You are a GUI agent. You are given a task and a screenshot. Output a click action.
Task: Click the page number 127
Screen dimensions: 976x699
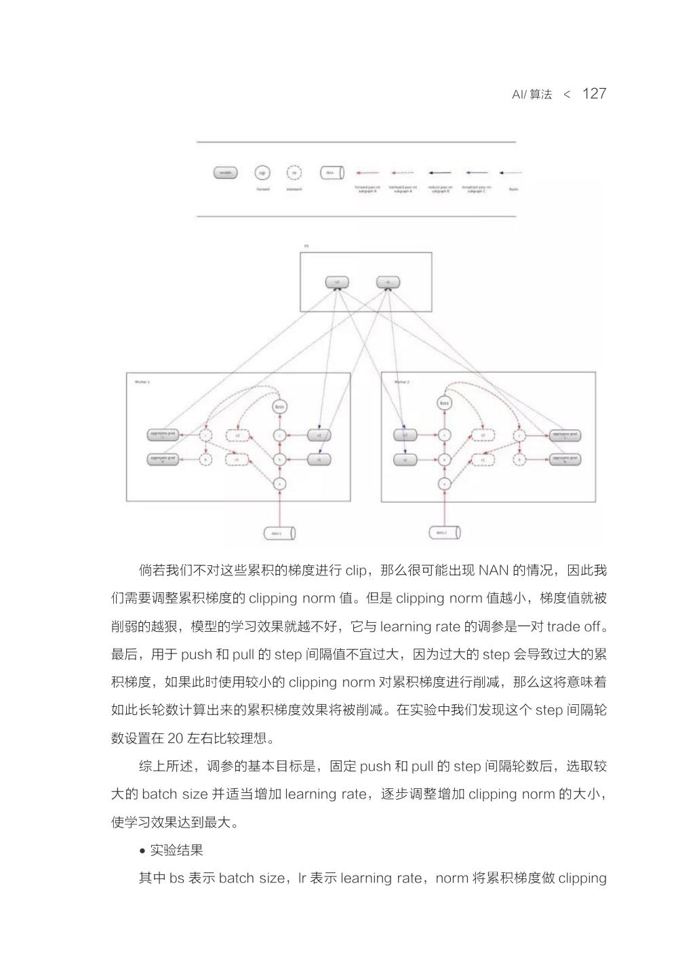click(594, 94)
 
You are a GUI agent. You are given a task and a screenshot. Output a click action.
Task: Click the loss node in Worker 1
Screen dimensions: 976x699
click(279, 406)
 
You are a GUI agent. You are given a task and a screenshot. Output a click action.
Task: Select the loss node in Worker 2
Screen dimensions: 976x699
click(445, 403)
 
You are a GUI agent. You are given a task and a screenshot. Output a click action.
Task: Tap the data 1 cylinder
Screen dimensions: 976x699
click(279, 533)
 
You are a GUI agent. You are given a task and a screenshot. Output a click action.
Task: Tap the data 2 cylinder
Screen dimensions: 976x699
click(444, 533)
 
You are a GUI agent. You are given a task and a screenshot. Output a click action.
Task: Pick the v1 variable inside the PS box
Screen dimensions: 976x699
click(388, 282)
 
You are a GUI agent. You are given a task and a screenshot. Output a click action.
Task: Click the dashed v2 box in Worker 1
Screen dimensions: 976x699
click(238, 434)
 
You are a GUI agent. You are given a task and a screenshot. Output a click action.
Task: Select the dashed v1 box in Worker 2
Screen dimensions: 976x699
click(483, 459)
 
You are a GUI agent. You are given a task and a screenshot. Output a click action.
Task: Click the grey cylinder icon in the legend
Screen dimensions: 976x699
click(332, 173)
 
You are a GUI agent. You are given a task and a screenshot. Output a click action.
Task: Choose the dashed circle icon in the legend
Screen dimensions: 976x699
click(294, 173)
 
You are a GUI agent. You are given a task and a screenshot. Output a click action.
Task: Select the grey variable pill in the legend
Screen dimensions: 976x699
click(225, 173)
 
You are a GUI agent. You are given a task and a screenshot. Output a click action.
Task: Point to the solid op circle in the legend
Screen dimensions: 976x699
click(262, 173)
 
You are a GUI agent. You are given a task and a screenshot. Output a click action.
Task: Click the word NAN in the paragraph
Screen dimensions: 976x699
click(494, 570)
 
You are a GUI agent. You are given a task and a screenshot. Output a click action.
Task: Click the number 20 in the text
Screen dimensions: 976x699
click(174, 738)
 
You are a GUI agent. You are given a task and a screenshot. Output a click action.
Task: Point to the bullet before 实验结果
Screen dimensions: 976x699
click(142, 851)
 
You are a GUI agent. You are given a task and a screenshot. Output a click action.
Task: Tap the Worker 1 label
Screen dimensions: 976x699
click(142, 382)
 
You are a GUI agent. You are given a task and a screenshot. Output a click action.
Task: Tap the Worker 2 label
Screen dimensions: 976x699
click(402, 382)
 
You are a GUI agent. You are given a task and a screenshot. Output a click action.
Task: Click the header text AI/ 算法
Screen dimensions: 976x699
click(532, 95)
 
